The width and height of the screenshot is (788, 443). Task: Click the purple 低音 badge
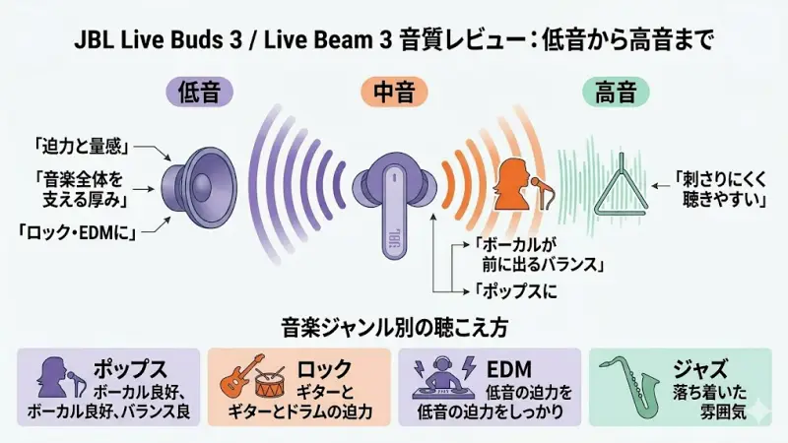206,93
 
